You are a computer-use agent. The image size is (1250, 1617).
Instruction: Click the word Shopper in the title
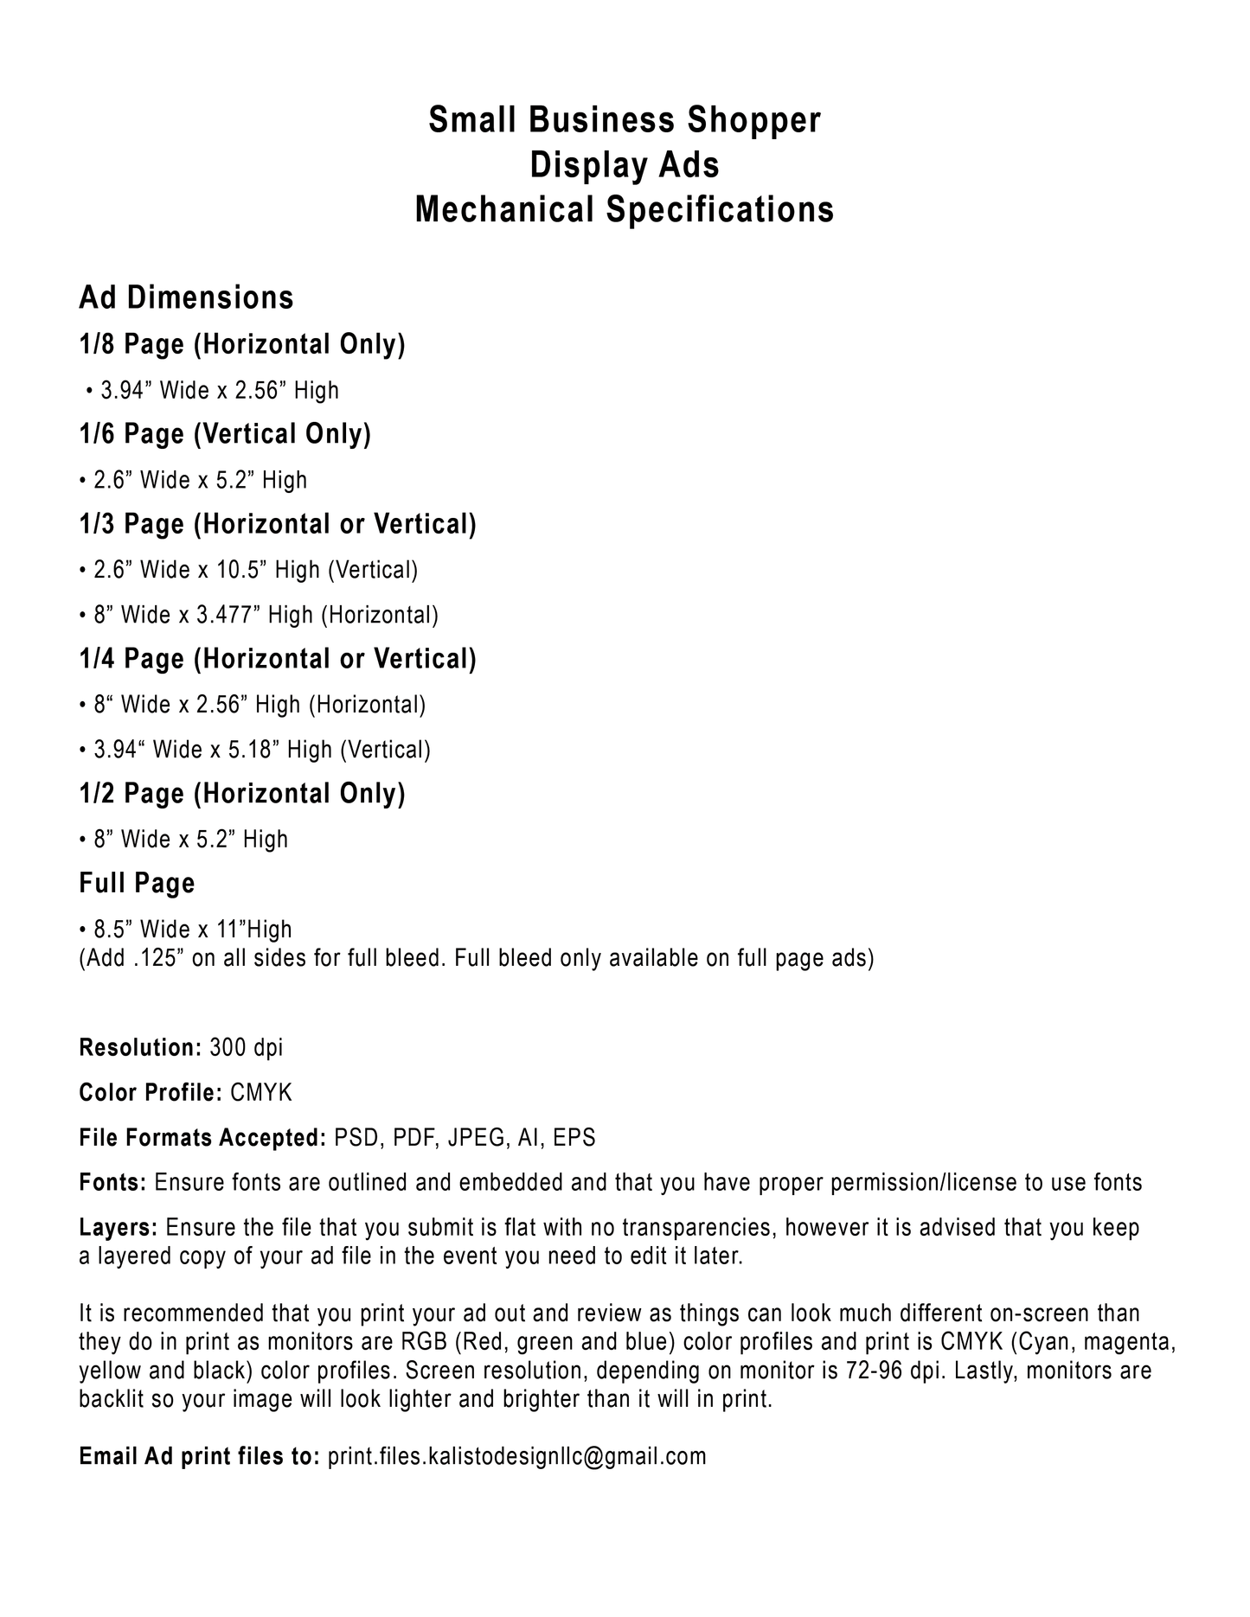(753, 120)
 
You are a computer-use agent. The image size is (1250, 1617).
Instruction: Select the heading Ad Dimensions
(186, 297)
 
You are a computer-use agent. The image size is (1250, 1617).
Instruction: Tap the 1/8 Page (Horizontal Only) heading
(242, 344)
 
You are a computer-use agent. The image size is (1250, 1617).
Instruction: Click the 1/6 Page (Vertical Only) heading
(225, 434)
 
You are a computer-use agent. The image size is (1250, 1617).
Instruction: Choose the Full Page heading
(137, 883)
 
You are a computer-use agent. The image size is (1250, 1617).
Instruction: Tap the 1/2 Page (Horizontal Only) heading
(242, 794)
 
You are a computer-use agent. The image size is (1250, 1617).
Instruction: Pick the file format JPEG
(477, 1138)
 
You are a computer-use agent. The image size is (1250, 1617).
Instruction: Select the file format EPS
(574, 1138)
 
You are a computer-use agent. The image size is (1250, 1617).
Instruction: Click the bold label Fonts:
(112, 1183)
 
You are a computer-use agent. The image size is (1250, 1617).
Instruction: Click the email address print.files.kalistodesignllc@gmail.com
(516, 1456)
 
